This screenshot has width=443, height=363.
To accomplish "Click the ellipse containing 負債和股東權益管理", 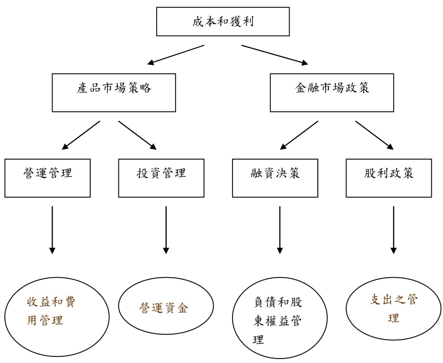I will coord(277,319).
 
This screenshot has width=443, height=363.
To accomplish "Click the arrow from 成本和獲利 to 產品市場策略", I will coord(176,54).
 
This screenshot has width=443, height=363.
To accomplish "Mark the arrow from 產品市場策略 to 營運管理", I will coord(81,135).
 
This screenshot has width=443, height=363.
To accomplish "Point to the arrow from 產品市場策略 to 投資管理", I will coord(137,135).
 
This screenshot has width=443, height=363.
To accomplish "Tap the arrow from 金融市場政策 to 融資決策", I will coord(299,135).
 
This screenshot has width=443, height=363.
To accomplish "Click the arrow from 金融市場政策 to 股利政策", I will coord(374,135).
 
